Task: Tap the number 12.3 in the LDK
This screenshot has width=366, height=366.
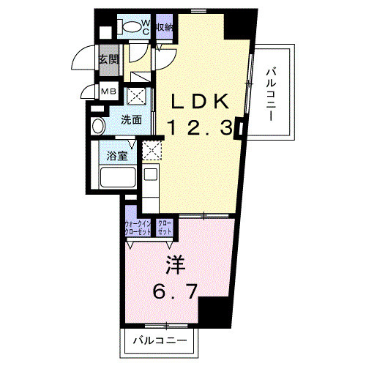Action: [x=200, y=128]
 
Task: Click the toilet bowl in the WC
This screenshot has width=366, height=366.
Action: [x=132, y=26]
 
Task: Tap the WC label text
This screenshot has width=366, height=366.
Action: [x=146, y=27]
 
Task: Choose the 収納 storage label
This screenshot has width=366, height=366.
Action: [x=165, y=27]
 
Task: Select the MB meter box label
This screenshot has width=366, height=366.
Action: [x=108, y=91]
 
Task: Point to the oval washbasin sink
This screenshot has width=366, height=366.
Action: [x=97, y=125]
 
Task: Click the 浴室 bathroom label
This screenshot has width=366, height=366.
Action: [x=116, y=155]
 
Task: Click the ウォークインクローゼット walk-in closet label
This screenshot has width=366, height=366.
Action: [x=138, y=228]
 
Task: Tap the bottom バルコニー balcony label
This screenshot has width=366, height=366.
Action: [x=159, y=340]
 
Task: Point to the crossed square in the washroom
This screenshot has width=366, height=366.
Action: [x=135, y=98]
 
